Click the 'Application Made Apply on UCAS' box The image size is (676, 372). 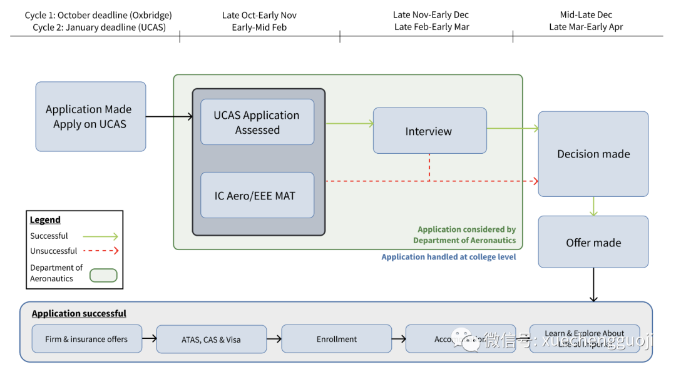coord(90,117)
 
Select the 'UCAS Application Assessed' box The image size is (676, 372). coord(257,123)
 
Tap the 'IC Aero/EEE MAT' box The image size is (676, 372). coord(257,196)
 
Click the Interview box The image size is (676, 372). coord(429,131)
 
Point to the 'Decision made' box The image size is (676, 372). coord(593,154)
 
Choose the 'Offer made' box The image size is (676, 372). coord(593,242)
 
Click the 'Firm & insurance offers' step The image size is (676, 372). coord(86,339)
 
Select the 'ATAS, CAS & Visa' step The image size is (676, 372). coord(212,339)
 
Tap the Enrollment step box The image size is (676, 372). coord(337,339)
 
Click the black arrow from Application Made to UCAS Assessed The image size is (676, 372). coord(169,116)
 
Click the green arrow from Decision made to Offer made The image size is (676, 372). coord(593,206)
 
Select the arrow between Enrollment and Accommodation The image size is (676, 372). coord(399,339)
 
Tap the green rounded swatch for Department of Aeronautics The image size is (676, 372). coord(103,274)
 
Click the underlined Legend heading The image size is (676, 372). coord(45,220)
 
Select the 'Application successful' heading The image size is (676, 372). coord(79,314)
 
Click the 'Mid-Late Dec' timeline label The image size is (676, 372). coord(586,15)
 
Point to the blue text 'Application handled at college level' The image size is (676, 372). coord(449,257)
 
